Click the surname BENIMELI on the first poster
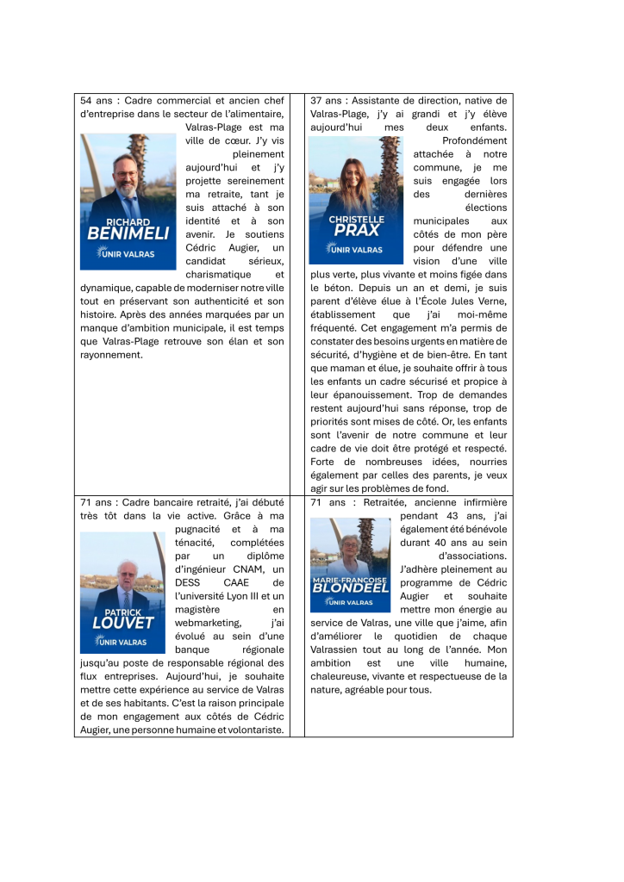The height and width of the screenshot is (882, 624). pos(128,233)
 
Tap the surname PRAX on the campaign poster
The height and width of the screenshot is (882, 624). pos(356,231)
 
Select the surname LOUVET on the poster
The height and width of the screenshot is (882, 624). pos(122,622)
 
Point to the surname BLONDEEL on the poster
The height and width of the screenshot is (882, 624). pos(353,588)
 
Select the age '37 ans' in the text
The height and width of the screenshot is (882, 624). pos(327,101)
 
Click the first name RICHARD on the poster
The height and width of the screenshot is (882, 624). pos(128,221)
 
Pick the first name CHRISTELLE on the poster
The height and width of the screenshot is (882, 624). pos(356,219)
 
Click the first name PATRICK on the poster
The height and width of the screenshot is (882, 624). pos(122,610)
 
